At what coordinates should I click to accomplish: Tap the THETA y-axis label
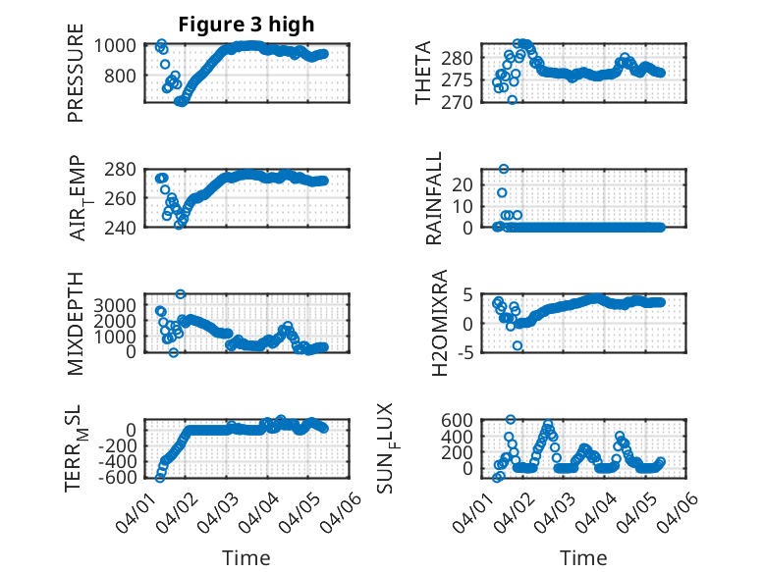pos(423,73)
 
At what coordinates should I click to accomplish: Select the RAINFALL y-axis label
pos(433,198)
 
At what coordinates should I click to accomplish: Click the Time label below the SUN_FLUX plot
pos(583,557)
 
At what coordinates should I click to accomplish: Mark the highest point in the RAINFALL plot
pos(504,169)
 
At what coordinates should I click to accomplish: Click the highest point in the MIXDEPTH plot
pos(181,293)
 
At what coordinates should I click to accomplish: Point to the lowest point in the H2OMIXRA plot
pos(518,345)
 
